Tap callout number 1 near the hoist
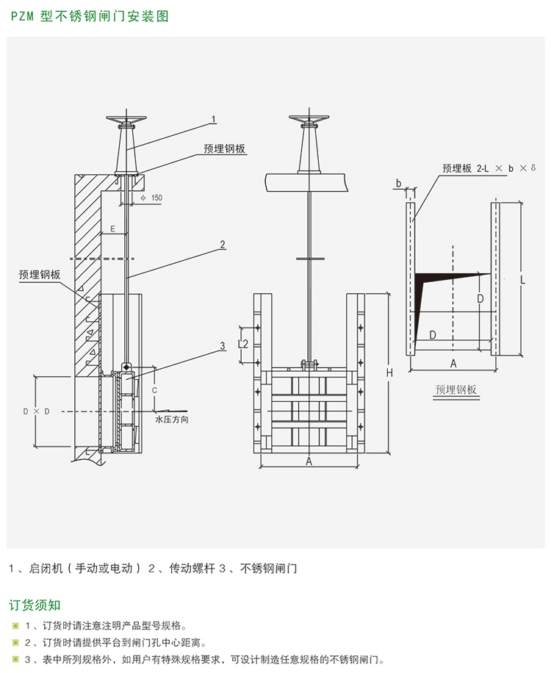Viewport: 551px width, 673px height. [x=214, y=118]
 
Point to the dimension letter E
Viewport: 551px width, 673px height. [x=112, y=229]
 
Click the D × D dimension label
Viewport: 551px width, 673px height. [x=37, y=411]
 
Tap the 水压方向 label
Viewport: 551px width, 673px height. [x=172, y=420]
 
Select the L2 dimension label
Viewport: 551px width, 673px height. [x=245, y=344]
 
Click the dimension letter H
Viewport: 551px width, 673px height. [x=390, y=373]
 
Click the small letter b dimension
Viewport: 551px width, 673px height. [x=398, y=181]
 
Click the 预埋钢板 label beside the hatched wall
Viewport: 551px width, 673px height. [x=40, y=274]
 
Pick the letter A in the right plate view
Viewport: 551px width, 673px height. [x=453, y=363]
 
